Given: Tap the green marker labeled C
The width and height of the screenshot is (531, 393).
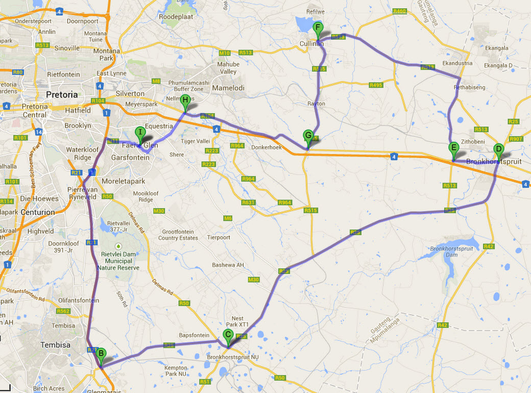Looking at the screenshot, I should click(x=228, y=335).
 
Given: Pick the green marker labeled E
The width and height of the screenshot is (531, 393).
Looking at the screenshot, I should click(x=453, y=149).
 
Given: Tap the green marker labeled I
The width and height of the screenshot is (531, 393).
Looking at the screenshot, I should click(x=140, y=133).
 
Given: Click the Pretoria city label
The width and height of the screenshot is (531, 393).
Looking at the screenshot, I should click(x=62, y=95).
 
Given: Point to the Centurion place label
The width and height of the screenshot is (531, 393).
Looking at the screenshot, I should click(x=38, y=212).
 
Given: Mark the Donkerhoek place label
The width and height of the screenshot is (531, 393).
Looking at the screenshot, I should click(x=267, y=146).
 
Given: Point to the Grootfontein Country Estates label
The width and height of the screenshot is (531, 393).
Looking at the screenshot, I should click(x=178, y=235).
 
